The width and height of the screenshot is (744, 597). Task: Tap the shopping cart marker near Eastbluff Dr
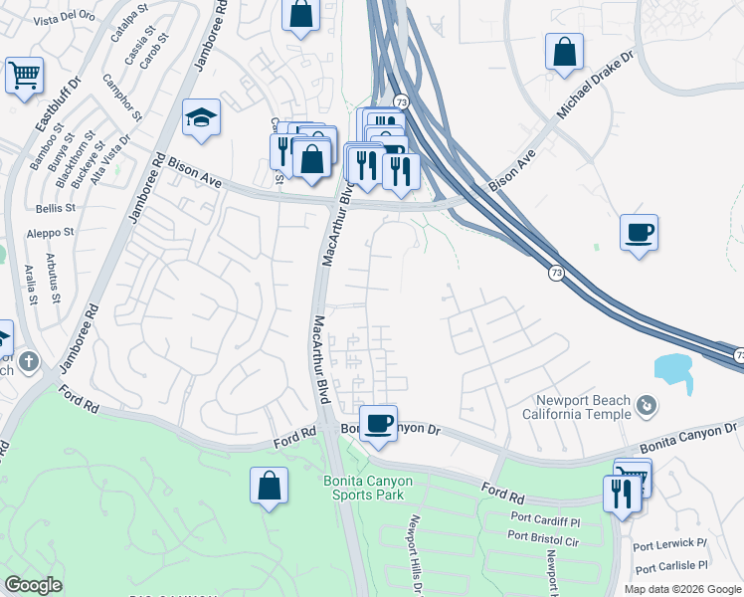[24, 76]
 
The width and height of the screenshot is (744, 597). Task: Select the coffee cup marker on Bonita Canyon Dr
[378, 424]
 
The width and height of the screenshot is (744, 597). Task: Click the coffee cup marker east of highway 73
[639, 234]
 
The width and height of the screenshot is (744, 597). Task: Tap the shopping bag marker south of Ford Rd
[270, 487]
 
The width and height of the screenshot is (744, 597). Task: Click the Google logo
[33, 585]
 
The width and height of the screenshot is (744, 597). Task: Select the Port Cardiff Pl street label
[545, 519]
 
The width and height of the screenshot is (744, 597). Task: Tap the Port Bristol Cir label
[542, 535]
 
